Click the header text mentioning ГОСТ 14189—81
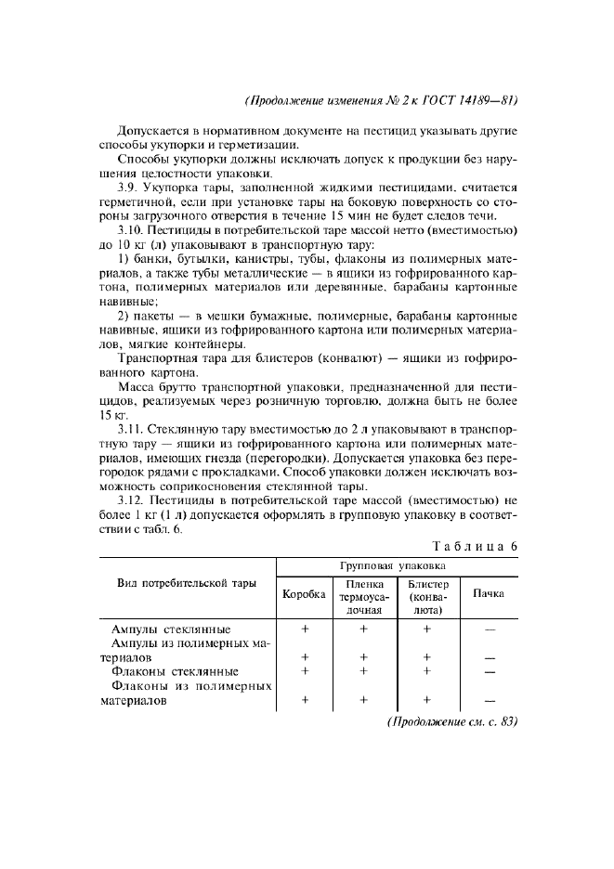pos(381,100)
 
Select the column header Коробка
pos(304,593)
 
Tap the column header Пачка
pos(489,593)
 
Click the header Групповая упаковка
pos(398,564)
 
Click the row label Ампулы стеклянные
pos(171,629)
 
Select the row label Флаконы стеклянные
pos(175,671)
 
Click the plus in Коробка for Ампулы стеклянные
pos(305,629)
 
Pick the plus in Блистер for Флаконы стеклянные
pos(428,671)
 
